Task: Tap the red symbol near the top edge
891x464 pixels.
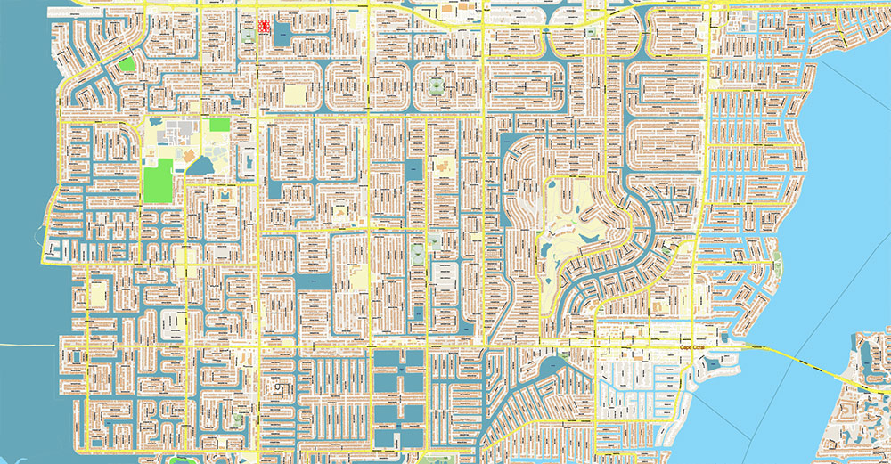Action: pos(264,27)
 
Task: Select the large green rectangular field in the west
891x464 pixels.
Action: pos(158,179)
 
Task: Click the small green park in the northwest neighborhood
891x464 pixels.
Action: pos(127,64)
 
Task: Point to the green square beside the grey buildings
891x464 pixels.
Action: pos(219,126)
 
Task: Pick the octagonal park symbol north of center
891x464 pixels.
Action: pos(437,86)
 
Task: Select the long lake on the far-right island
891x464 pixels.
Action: pos(862,356)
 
